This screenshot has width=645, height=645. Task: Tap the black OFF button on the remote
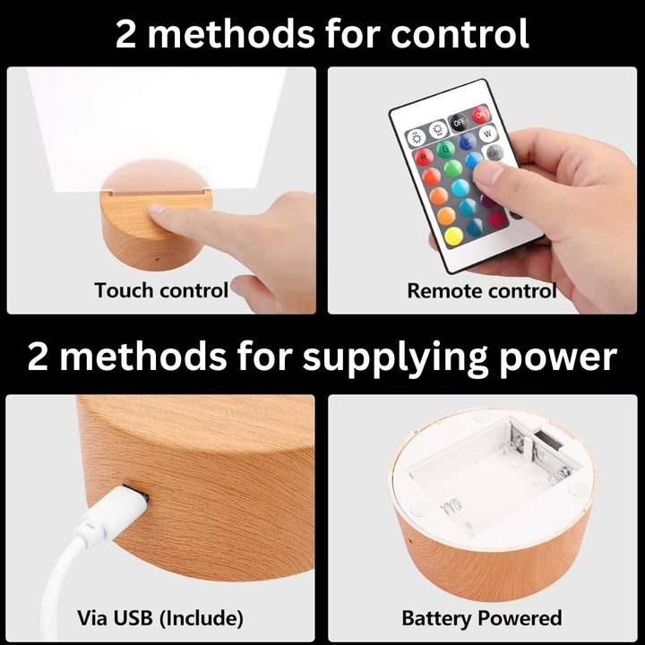pos(459,122)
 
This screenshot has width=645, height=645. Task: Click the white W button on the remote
pos(487,133)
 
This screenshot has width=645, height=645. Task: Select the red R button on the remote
pos(423,157)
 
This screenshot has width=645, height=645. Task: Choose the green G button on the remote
pos(445,149)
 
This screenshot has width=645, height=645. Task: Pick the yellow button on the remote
pos(453,236)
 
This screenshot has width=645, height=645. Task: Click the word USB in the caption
pos(133,618)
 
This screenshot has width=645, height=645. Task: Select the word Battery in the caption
pos(436,619)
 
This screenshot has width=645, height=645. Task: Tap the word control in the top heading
pos(460,34)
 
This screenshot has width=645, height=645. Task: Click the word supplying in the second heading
pos(395,357)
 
